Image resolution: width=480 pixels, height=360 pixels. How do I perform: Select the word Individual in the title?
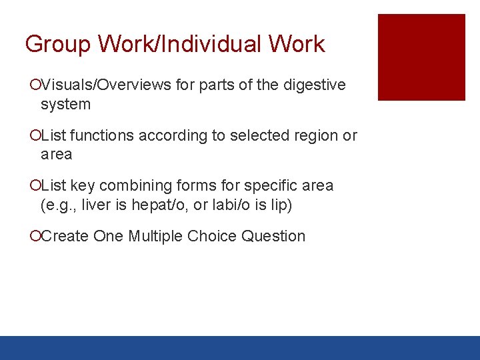[215, 44]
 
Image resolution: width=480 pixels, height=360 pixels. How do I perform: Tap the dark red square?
[421, 57]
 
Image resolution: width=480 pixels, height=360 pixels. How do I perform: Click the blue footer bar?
[240, 347]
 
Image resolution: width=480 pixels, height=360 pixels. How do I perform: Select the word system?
[65, 104]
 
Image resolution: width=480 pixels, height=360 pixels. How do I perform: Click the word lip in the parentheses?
[280, 205]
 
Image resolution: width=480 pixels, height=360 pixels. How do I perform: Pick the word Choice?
[212, 236]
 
